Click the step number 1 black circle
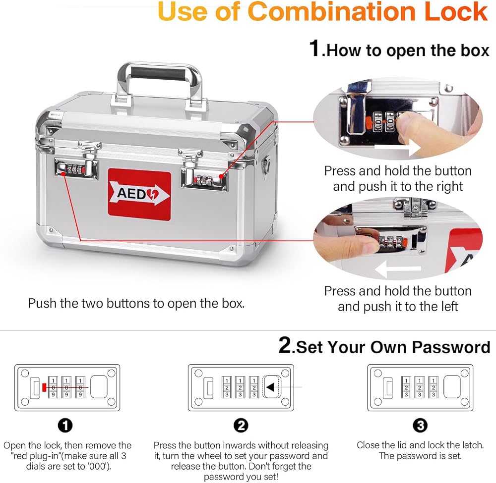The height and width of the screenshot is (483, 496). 65,426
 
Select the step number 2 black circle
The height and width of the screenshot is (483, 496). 241,426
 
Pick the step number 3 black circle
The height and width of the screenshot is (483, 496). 420,426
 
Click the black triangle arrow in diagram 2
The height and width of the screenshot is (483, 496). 270,387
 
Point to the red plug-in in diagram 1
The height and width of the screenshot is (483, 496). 44,387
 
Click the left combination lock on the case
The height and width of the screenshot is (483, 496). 76,169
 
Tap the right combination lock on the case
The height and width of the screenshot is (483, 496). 205,179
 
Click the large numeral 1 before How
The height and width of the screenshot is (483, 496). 315,49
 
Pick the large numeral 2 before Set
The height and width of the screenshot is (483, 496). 285,345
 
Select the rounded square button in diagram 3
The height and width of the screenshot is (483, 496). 452,387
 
